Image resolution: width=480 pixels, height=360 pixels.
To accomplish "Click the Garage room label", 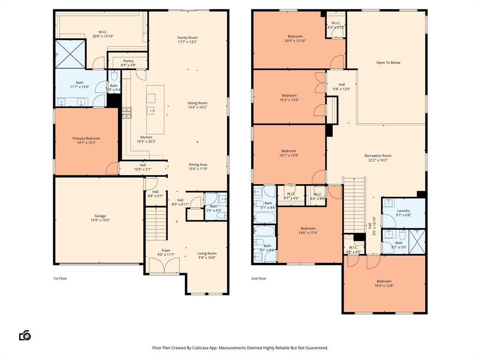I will (100, 216).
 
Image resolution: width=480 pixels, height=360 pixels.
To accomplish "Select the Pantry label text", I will (128, 61).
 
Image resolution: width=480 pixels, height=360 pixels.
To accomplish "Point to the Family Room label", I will (187, 37).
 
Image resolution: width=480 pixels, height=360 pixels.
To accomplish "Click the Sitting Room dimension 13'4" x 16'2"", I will (197, 107).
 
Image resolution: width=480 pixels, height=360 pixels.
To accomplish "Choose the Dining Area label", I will (198, 165).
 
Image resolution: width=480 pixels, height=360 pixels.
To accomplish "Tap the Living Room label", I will (207, 253).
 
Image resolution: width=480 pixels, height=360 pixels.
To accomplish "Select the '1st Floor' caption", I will (60, 278).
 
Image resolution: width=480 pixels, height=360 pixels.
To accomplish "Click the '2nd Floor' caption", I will (259, 278).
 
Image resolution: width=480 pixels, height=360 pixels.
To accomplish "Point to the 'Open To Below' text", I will (388, 62).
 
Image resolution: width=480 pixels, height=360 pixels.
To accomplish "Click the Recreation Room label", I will (378, 156).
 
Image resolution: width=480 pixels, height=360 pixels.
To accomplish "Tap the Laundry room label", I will (403, 210).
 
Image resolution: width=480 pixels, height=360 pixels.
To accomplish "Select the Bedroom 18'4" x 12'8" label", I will (384, 281).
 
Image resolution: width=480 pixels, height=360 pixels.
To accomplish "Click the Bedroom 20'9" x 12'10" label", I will (295, 36).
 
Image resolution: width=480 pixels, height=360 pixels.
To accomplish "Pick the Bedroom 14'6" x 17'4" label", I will (308, 228).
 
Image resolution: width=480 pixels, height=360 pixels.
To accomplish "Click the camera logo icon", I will (25, 336).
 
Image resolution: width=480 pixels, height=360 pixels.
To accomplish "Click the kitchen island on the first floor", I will (155, 109).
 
